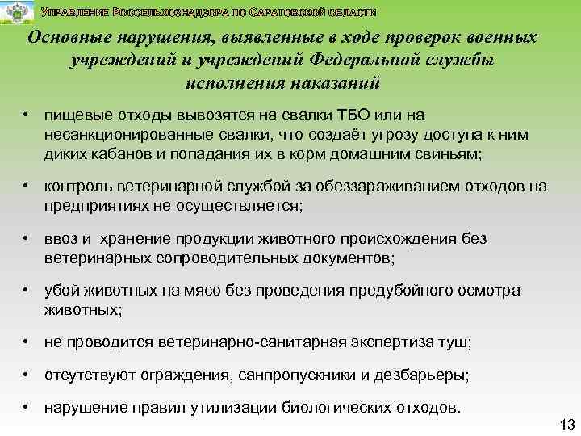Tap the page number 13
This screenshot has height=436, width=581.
566,425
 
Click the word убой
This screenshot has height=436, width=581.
61,291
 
